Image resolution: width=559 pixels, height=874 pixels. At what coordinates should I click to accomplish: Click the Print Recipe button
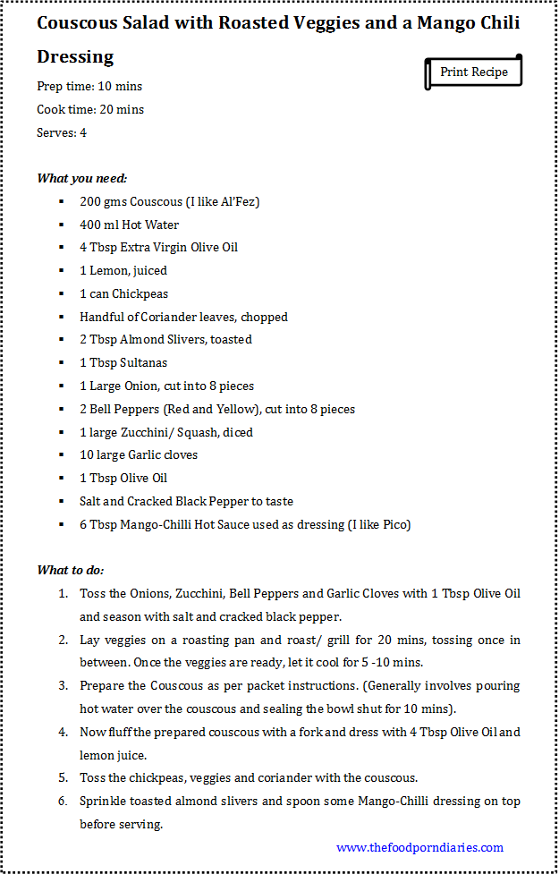[473, 72]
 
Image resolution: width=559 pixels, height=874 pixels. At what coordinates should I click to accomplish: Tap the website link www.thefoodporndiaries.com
[419, 847]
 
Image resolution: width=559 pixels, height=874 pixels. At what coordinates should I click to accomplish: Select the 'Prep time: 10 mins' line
[89, 87]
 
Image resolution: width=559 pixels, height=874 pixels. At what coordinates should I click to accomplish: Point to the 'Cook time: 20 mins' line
[90, 110]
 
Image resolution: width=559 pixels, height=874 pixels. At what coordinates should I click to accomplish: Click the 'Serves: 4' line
[62, 133]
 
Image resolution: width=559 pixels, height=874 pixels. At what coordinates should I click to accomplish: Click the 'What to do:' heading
[71, 570]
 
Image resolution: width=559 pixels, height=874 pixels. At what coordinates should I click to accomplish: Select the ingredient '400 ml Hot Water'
[129, 225]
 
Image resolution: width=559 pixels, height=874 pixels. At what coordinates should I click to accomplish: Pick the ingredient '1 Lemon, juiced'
[123, 270]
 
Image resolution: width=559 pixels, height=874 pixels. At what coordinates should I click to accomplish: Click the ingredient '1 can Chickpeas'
[123, 293]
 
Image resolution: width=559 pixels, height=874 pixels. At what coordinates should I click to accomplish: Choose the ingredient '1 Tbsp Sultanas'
[123, 362]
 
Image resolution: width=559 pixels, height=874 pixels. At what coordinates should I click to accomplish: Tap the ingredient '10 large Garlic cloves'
[139, 454]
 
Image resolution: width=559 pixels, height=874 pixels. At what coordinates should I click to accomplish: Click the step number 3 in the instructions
[64, 686]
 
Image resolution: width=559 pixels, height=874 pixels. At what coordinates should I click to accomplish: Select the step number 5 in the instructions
[64, 778]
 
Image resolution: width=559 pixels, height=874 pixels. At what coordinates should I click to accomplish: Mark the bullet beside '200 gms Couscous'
[61, 202]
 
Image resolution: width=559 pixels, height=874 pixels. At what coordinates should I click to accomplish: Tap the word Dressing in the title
[75, 57]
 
